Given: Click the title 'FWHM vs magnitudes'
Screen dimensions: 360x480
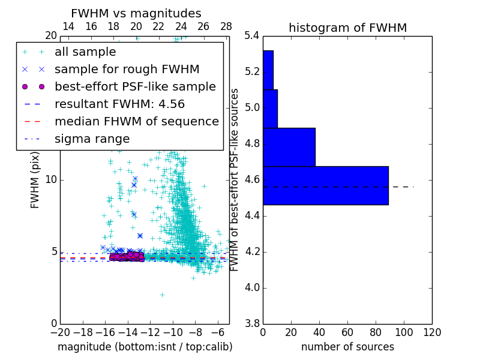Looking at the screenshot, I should coord(136,13).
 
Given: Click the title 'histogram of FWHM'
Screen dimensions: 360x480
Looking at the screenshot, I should coord(347,28).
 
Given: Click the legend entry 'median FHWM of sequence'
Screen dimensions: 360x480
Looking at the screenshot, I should coord(136,121).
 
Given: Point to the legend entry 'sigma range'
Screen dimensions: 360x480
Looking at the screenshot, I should coord(92,139).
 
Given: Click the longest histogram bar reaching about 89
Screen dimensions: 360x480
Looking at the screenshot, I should coord(325,185).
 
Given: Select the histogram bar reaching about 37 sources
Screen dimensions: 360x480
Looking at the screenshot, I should coord(289,147).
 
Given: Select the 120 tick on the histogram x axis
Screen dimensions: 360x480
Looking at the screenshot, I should coord(432,332).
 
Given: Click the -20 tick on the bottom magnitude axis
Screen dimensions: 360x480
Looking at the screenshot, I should coord(60,332).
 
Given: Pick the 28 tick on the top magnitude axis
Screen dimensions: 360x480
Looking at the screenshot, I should coord(226,26).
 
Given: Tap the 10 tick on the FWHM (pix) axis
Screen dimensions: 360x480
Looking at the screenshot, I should coord(51,180).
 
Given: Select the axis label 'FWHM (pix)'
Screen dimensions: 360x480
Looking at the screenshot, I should coord(35,180).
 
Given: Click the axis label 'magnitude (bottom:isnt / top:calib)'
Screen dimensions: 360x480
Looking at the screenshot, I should coord(145,347).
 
